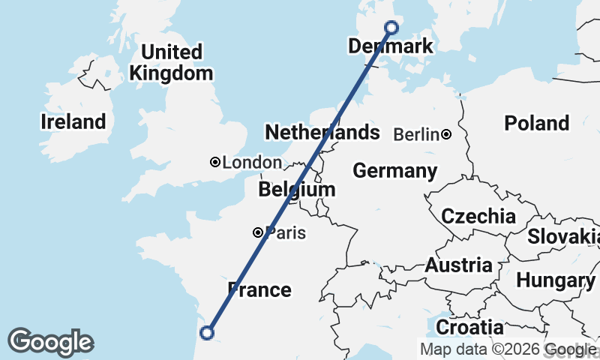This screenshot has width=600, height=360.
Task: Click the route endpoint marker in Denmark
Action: [391, 28]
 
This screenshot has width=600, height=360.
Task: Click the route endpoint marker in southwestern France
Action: [207, 333]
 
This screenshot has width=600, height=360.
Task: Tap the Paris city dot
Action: [258, 232]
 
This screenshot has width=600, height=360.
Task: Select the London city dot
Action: [215, 162]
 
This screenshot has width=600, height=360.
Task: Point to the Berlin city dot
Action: [446, 135]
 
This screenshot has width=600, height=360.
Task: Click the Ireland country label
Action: [73, 122]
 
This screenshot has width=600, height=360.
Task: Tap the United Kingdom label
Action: [172, 63]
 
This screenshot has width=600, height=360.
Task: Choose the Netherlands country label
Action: [322, 133]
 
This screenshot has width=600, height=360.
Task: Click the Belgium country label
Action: [296, 190]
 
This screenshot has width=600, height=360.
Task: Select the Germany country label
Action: [394, 171]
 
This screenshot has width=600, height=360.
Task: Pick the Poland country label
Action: [536, 123]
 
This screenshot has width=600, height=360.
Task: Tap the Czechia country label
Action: [478, 217]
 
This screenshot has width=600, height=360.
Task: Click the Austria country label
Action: [458, 265]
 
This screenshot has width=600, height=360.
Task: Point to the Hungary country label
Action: [555, 281]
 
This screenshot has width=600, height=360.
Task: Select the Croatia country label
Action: [469, 328]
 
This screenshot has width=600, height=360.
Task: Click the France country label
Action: [259, 289]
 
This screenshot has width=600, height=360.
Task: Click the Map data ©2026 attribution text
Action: [481, 349]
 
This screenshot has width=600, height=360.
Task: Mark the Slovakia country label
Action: [562, 237]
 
